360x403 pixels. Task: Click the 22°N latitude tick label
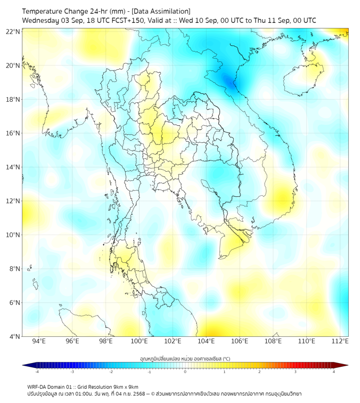click(x=13, y=32)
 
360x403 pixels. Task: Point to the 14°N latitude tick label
click(x=13, y=167)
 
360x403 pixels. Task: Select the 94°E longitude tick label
click(x=39, y=341)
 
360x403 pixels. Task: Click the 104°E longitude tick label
click(x=206, y=341)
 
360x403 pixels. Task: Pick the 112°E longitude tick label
click(x=340, y=341)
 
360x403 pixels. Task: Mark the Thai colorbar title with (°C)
click(x=185, y=358)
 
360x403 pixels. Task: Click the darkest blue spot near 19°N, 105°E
click(x=229, y=80)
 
